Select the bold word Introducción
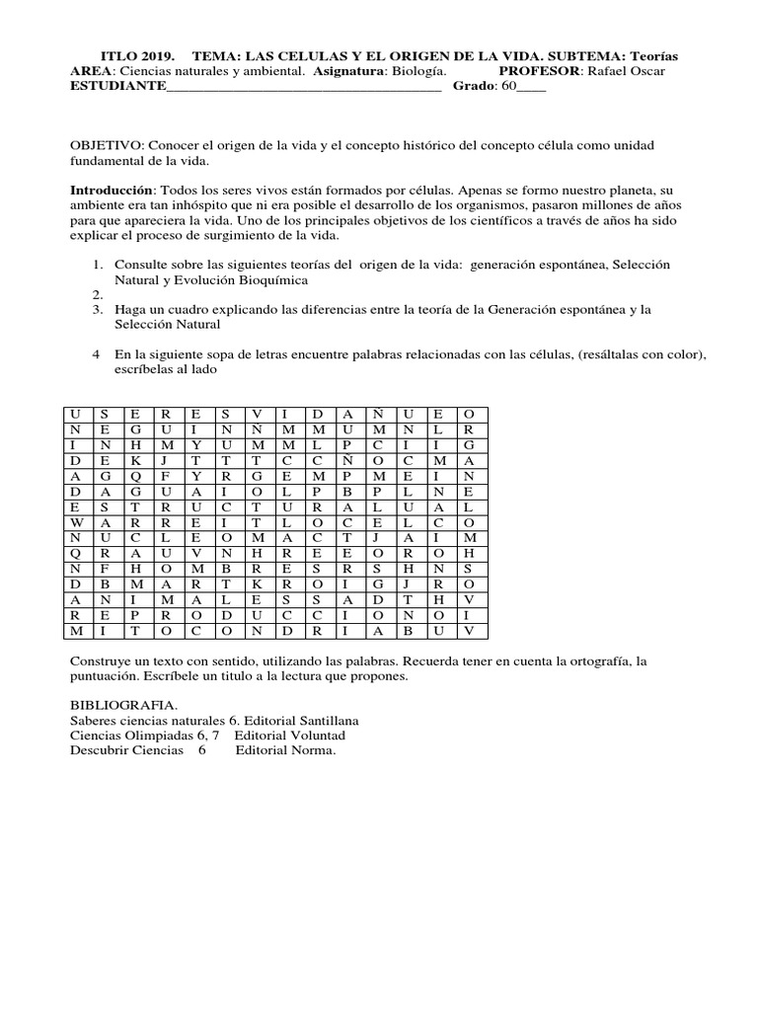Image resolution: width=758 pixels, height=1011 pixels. (110, 189)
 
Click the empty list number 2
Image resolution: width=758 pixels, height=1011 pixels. (98, 295)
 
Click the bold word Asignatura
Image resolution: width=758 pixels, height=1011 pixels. (348, 71)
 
